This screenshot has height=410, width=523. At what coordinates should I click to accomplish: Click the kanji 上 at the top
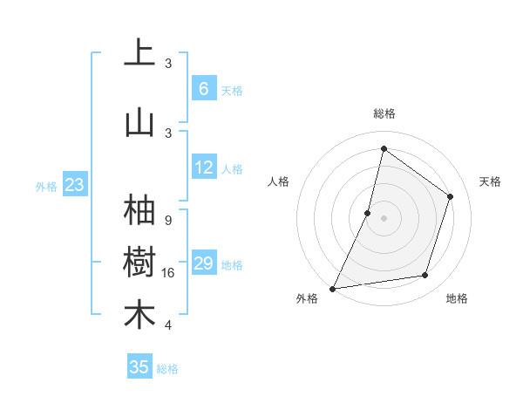click(x=139, y=54)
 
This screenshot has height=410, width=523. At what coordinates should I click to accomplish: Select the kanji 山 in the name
click(x=139, y=123)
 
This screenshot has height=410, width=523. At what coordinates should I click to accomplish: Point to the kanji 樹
click(x=139, y=263)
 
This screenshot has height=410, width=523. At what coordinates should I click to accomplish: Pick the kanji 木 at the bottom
click(x=139, y=316)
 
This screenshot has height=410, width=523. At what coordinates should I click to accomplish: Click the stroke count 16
click(x=168, y=273)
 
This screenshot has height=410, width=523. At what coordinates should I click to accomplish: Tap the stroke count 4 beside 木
click(x=168, y=325)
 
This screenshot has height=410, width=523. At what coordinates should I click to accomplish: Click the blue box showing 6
click(x=204, y=89)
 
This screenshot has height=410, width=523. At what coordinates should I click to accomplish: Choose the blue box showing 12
click(x=204, y=167)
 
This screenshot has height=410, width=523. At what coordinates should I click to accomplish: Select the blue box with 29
click(x=204, y=263)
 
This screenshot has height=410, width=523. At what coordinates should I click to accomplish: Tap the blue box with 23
click(x=74, y=185)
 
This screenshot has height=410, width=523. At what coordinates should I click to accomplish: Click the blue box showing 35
click(x=139, y=367)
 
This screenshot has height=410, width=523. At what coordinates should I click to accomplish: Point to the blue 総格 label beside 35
click(x=167, y=369)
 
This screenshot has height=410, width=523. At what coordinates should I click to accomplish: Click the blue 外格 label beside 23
click(x=46, y=186)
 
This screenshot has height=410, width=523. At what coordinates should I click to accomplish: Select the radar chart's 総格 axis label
click(x=384, y=114)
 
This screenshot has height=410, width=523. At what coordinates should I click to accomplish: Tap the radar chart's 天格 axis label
click(x=490, y=181)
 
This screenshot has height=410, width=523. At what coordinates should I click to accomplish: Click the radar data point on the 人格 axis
click(x=368, y=213)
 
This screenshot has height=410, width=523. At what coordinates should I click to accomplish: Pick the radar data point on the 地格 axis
click(x=425, y=276)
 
